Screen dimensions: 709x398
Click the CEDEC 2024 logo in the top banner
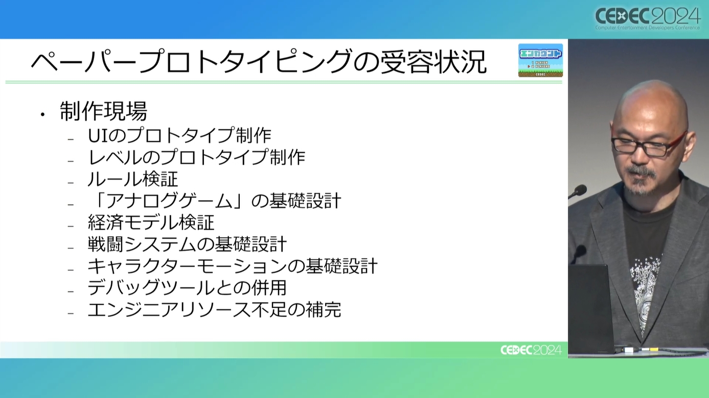[x=648, y=18]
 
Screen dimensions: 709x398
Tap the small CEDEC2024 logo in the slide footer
[x=531, y=350]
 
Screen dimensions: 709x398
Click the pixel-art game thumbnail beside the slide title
[x=540, y=60]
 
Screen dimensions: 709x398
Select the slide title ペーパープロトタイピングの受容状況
[x=259, y=61]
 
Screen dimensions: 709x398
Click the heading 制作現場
[x=103, y=111]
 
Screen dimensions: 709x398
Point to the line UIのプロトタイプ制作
[x=179, y=135]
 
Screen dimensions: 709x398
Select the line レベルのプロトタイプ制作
[x=197, y=157]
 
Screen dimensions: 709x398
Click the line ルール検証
[x=133, y=179]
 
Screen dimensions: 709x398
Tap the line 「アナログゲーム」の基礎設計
[x=215, y=201]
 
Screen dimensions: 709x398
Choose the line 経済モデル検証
[x=151, y=222]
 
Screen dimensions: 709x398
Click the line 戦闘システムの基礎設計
[x=188, y=244]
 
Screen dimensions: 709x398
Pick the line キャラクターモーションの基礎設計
[x=233, y=266]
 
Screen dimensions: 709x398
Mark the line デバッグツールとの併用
[x=187, y=288]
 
